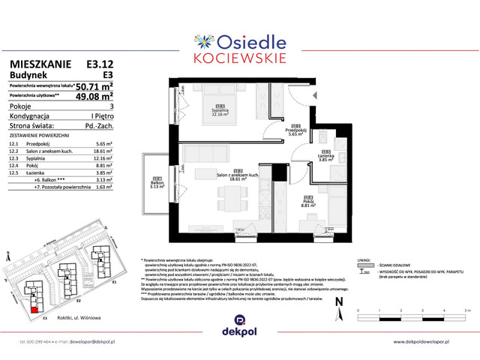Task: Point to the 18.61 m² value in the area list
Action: pos(103,151)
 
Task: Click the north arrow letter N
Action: pos(340,301)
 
